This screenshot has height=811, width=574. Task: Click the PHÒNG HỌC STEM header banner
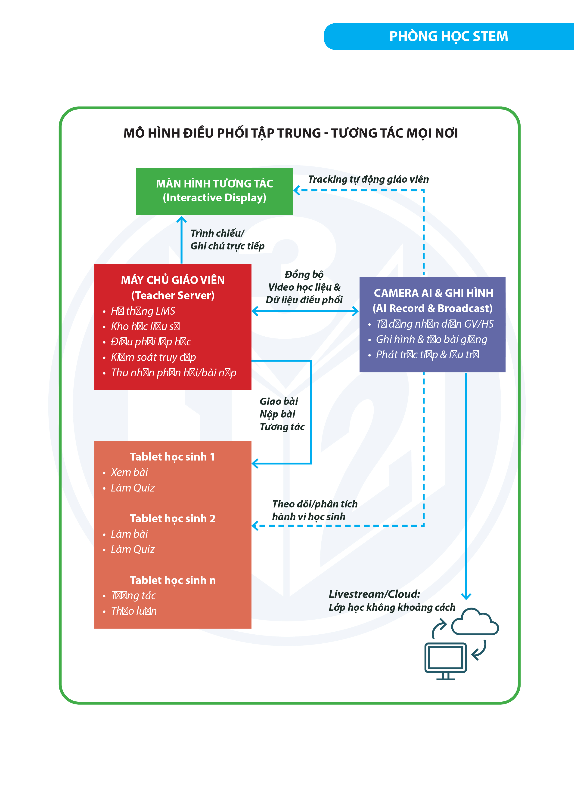pos(448,36)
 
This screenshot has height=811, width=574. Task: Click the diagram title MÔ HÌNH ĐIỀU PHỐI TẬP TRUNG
pos(291,133)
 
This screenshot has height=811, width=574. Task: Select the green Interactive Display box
pos(214,191)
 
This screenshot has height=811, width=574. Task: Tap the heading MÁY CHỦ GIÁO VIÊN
pos(173,280)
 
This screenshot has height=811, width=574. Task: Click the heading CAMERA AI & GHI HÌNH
pos(433,293)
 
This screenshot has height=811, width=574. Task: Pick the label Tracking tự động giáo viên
pos(368,179)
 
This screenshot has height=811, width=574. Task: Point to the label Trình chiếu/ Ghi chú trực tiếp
pos(227,240)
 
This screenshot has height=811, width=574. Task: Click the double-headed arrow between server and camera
pos(305,311)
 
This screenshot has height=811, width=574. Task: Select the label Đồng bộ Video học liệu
pos(304,287)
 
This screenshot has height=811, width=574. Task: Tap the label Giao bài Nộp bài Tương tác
pos(282,414)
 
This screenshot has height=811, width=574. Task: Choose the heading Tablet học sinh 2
pos(173,519)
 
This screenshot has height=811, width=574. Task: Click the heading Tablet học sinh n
pos(173,580)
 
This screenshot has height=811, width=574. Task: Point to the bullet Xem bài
pos(129,472)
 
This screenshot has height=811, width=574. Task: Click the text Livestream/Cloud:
pos(374,594)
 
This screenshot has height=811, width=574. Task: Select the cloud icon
pos(475,622)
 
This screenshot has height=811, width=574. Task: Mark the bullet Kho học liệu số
pos(145,326)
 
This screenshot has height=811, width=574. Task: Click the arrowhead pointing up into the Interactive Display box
pos(181,220)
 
